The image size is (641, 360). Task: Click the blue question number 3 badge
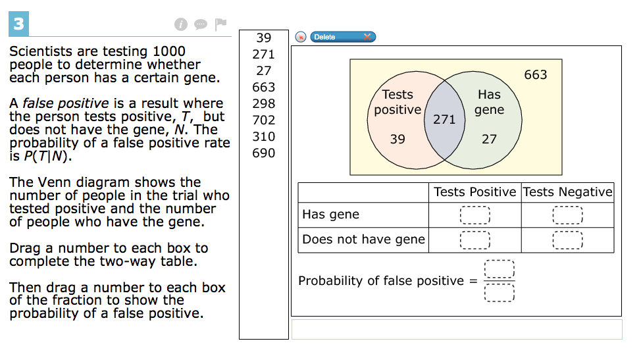[19, 24]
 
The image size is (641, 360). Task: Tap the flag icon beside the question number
[220, 24]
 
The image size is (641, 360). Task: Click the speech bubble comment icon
[201, 24]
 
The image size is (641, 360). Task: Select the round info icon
[181, 24]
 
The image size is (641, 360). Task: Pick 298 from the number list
[264, 104]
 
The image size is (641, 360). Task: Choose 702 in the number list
[264, 120]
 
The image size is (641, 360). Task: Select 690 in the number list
[264, 153]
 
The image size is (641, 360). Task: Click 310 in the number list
[264, 136]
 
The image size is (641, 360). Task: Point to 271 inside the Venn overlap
[444, 119]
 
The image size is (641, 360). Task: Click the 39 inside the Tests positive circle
[397, 140]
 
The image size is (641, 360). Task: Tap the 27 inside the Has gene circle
[489, 140]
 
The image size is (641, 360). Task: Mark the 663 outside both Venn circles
[536, 75]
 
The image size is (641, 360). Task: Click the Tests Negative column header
[568, 192]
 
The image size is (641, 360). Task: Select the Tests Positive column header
[475, 192]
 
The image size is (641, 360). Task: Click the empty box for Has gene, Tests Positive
[475, 215]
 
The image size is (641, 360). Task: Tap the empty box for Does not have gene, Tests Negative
[568, 240]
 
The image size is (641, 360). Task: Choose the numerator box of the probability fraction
[499, 269]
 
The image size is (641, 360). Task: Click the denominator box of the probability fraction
[499, 293]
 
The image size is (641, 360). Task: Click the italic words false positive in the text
[66, 103]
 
